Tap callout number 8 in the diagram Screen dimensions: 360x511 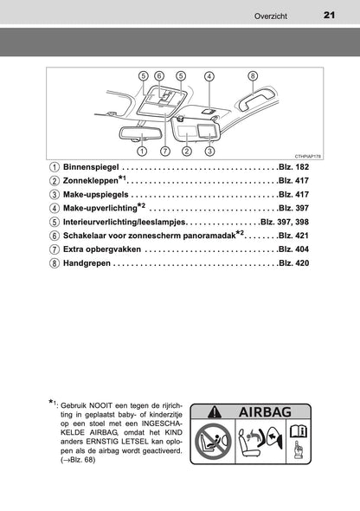tap(253, 76)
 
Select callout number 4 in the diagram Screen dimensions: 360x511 tap(209, 76)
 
